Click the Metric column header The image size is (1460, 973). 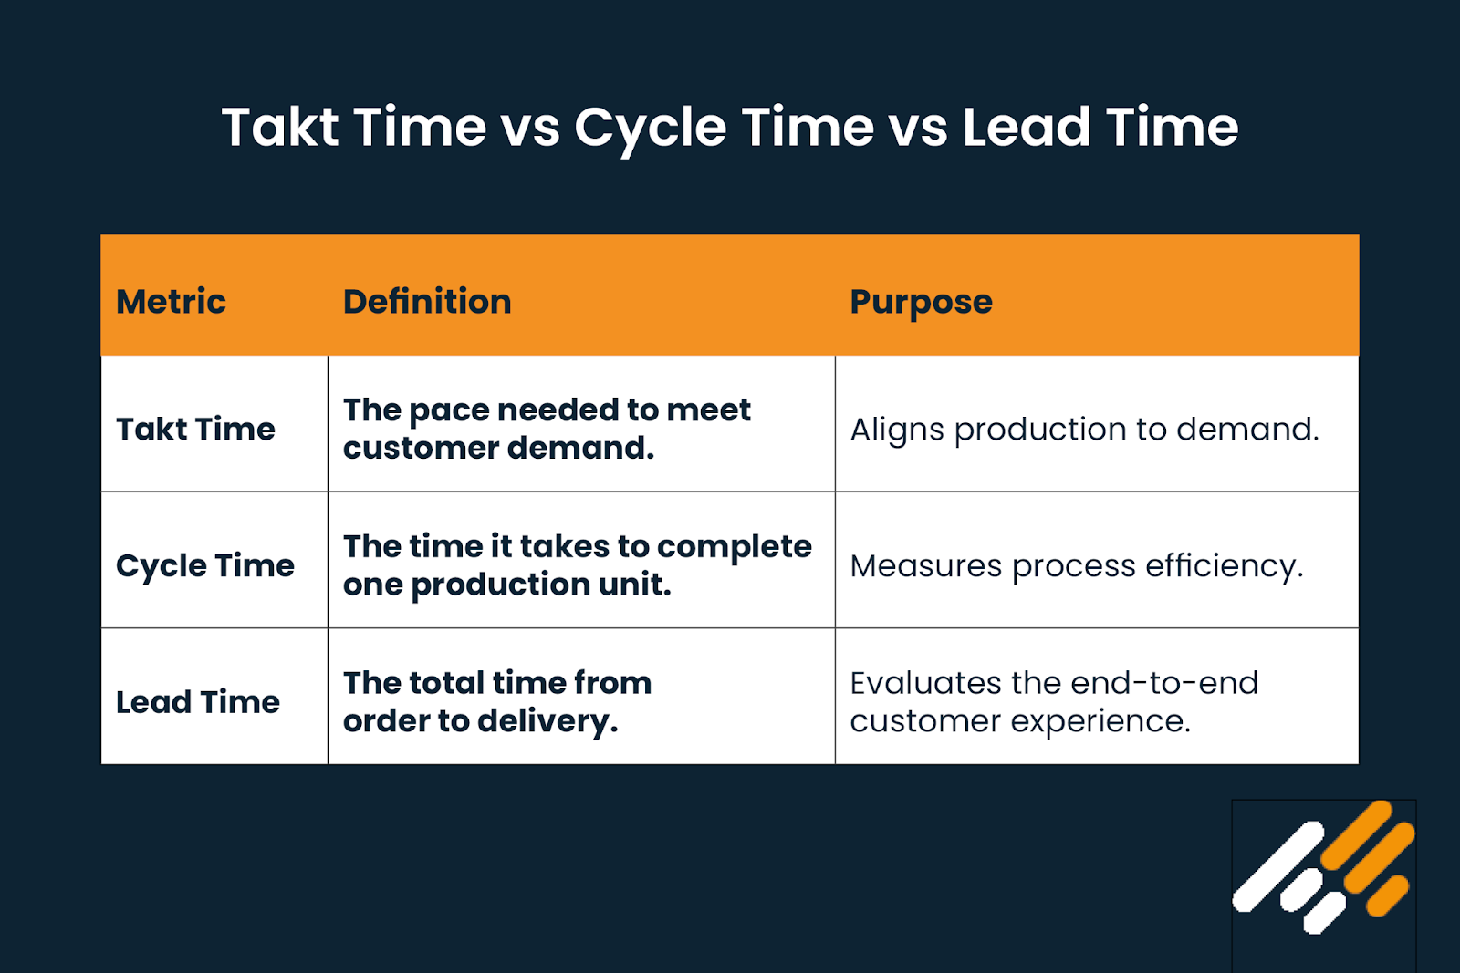tap(171, 302)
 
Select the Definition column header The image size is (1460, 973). tap(427, 302)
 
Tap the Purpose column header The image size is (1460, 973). tap(921, 302)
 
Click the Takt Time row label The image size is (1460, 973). tap(195, 429)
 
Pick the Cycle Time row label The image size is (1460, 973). tap(205, 565)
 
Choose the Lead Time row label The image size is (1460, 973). tap(198, 702)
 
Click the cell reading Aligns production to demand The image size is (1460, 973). tap(1085, 429)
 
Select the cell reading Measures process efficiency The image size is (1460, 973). tap(1077, 565)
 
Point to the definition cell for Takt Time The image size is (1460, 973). tap(547, 429)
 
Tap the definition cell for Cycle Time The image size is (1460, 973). tap(577, 565)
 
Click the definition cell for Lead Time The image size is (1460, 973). tap(497, 702)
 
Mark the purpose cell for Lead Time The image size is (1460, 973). tap(1054, 702)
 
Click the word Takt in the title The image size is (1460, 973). tap(280, 127)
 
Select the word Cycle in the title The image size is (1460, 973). tap(650, 127)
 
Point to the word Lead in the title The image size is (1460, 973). tap(1026, 127)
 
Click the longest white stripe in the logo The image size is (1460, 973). tap(1277, 866)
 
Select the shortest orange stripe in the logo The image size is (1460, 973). tap(1388, 895)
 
